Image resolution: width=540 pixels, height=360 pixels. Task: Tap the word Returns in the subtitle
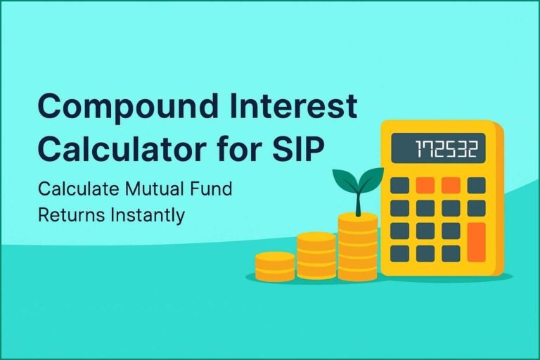pyautogui.click(x=69, y=214)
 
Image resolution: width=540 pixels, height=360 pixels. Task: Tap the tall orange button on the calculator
pyautogui.click(x=477, y=243)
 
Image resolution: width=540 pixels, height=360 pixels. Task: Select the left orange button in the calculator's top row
pyautogui.click(x=425, y=186)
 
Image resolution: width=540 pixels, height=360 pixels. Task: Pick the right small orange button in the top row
pyautogui.click(x=451, y=186)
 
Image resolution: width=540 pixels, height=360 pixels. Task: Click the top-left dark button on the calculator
pyautogui.click(x=400, y=186)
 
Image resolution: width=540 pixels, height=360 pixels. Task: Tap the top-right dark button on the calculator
pyautogui.click(x=477, y=186)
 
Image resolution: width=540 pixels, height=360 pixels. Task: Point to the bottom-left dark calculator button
pyautogui.click(x=400, y=253)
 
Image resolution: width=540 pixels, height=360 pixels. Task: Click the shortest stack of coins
pyautogui.click(x=274, y=266)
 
